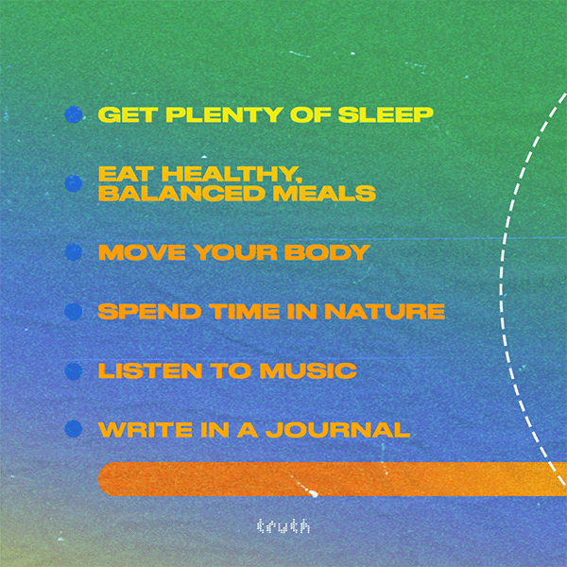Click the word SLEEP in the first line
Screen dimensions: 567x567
(386, 114)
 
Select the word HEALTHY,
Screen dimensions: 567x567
(232, 174)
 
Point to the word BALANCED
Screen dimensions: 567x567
(181, 194)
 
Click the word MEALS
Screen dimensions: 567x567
(324, 194)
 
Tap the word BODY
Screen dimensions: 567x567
(327, 252)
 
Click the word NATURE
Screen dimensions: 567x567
(385, 311)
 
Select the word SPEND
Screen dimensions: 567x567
(149, 311)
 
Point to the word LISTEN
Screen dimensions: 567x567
(150, 370)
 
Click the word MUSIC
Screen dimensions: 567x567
(308, 370)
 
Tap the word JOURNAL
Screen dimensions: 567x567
(337, 430)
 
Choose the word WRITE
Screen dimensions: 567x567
(146, 430)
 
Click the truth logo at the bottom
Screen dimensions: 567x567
(283, 526)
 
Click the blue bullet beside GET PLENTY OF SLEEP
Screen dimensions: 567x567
(74, 114)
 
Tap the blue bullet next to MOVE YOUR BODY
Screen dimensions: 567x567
(74, 252)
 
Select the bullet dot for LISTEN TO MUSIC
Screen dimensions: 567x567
(74, 371)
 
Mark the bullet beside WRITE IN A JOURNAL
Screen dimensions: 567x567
(74, 429)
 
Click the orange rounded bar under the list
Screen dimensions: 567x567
(333, 479)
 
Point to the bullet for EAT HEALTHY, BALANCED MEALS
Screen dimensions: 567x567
(74, 183)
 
